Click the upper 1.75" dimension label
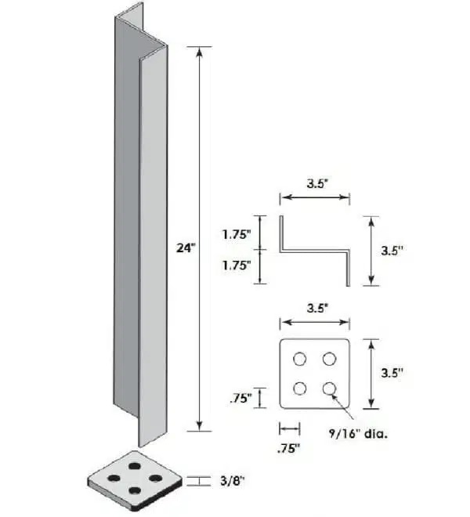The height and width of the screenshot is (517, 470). coord(236,234)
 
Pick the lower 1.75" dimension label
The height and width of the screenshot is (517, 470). coord(236,266)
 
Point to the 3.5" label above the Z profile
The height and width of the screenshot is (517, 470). coord(315,186)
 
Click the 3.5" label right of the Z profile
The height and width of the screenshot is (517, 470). coord(392,251)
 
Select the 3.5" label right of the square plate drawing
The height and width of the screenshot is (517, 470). coord(392,373)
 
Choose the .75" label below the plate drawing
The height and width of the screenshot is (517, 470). coord(288,450)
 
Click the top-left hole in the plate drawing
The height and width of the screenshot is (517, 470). coord(300,358)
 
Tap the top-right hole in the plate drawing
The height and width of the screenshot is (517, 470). coord(329,358)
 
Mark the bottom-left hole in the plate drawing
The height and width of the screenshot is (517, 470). coord(300,387)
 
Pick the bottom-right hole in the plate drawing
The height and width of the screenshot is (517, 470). coord(329,387)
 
